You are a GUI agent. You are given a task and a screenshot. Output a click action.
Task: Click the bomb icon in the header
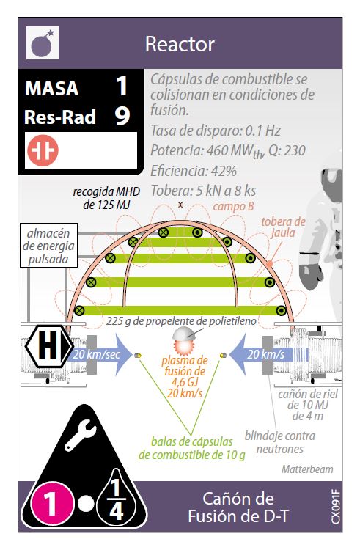43,43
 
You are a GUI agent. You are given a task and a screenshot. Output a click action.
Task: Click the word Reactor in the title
180,44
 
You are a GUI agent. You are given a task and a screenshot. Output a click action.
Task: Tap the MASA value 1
122,86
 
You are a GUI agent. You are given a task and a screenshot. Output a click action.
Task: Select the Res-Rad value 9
122,116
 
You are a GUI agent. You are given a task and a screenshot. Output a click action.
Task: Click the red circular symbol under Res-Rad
43,150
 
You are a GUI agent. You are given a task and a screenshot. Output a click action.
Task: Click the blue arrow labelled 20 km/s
269,354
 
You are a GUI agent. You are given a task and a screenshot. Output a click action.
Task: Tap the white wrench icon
80,435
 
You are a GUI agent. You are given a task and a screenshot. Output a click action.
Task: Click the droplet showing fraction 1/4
117,498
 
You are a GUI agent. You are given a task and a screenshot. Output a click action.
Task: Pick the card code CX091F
335,507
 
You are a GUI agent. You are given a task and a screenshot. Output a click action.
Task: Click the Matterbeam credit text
307,469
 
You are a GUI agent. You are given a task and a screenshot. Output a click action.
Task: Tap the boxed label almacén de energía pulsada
48,246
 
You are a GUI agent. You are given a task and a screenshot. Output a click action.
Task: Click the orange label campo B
233,206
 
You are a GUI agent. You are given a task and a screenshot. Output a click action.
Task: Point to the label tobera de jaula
283,227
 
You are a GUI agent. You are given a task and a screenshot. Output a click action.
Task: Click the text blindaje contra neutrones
280,442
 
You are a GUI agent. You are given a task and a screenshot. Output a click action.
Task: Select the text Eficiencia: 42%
194,171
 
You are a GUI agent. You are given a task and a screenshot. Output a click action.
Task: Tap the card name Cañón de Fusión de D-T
238,507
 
